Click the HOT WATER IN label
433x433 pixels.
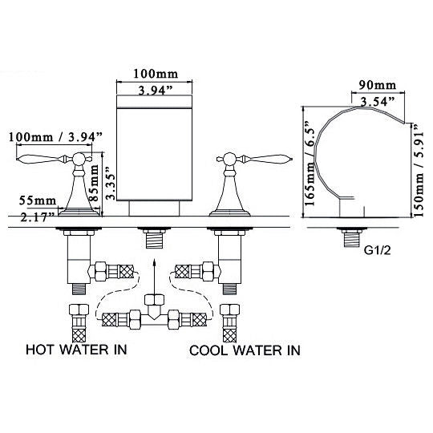coord(77,350)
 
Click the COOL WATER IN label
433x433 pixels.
coord(245,350)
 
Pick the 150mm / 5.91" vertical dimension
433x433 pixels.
coord(418,170)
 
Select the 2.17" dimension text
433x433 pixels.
coord(38,216)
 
